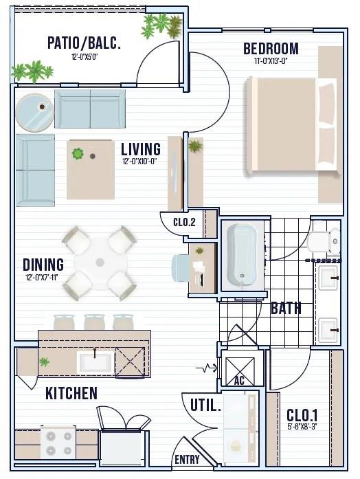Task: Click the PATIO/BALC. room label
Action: click(84, 43)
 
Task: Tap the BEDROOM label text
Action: click(271, 49)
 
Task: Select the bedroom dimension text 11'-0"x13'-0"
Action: click(271, 61)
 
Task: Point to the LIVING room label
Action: click(141, 149)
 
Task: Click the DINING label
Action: click(43, 265)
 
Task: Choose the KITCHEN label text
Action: click(71, 393)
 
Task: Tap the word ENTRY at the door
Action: click(187, 460)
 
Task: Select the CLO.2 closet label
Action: click(184, 222)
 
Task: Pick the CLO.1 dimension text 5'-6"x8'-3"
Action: click(302, 427)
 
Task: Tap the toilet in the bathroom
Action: click(324, 241)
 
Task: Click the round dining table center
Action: click(100, 263)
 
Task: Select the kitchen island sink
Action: click(95, 362)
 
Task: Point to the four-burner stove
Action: click(58, 442)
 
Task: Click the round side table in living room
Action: click(35, 113)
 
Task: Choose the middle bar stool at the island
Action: click(94, 322)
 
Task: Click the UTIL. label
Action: click(205, 405)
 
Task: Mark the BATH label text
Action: click(286, 309)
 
